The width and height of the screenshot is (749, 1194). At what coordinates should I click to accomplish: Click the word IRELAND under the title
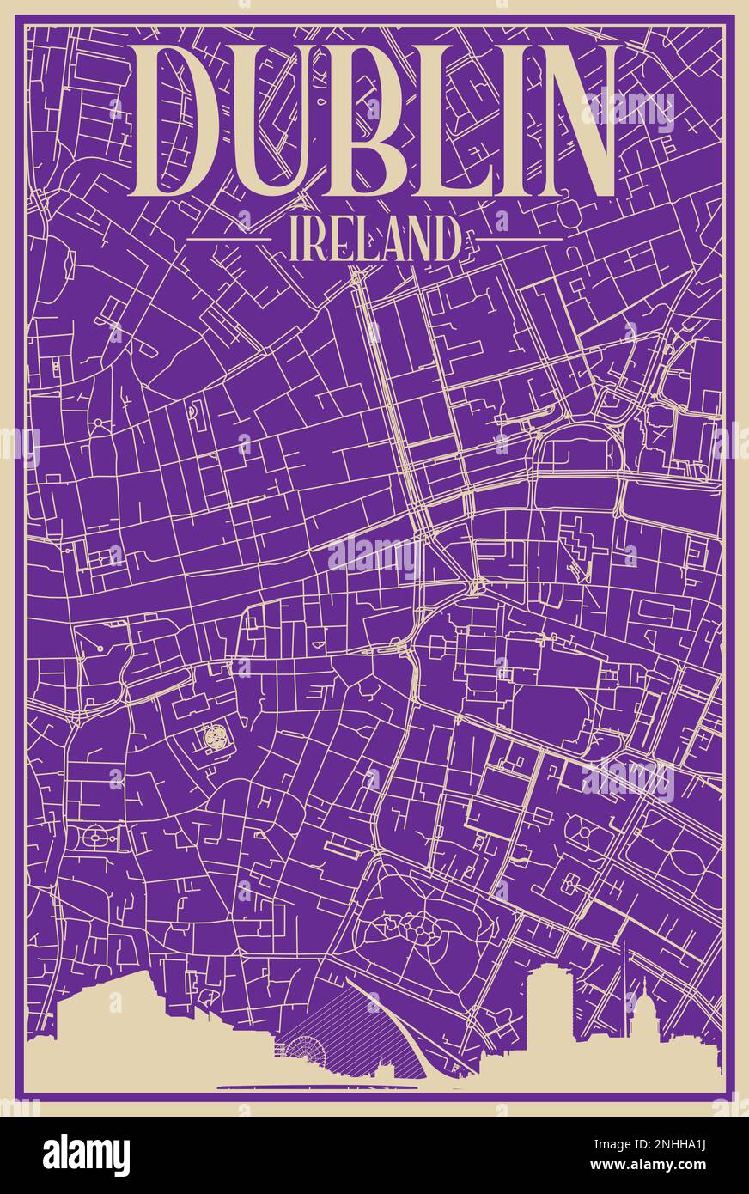tap(374, 239)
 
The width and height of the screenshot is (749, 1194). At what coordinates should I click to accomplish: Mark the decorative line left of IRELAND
tap(230, 239)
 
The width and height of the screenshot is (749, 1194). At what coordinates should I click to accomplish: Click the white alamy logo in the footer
tap(86, 1155)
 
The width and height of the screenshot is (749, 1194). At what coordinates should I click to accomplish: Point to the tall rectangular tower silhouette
tap(551, 1005)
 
